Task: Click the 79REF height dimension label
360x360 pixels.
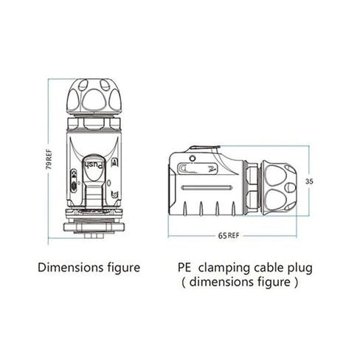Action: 49,159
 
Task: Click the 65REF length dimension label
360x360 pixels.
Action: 229,235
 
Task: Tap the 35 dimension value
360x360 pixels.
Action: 309,181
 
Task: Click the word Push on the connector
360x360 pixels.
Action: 94,165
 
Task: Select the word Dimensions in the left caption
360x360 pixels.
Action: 71,268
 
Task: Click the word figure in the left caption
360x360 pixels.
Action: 124,268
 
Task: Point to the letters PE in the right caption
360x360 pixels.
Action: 184,268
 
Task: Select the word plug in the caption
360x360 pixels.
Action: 300,269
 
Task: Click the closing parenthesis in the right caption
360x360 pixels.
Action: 296,283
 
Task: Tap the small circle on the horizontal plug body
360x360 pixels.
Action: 193,158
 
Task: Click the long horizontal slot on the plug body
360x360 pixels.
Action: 207,188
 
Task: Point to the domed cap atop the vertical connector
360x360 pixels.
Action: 94,97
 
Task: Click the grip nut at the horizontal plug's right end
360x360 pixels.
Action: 279,188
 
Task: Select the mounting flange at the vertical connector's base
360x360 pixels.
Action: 94,227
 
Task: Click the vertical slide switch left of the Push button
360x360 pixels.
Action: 74,181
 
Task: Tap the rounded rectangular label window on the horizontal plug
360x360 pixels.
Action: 198,169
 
